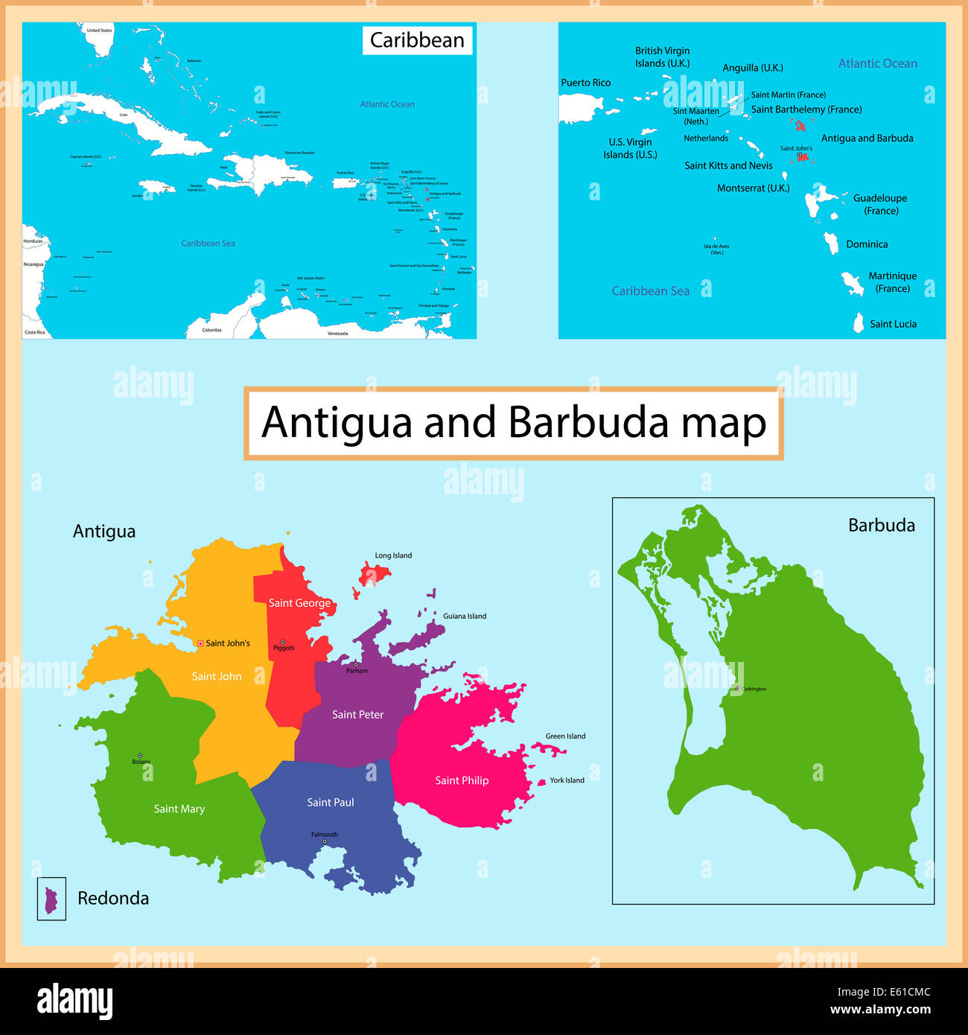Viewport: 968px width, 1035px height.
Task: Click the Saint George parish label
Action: pyautogui.click(x=299, y=603)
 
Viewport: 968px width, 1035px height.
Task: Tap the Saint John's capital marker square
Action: pyautogui.click(x=200, y=643)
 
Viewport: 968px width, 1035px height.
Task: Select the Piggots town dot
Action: pyautogui.click(x=282, y=642)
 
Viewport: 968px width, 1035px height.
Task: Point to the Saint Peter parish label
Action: pyautogui.click(x=357, y=715)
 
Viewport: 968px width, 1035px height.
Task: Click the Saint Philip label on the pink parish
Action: pyautogui.click(x=462, y=780)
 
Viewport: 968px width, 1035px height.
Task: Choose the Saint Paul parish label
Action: pyautogui.click(x=331, y=803)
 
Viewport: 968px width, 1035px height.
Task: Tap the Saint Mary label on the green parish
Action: pyautogui.click(x=179, y=809)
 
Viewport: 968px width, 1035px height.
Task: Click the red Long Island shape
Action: pyautogui.click(x=374, y=574)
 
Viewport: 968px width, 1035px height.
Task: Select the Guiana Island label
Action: pyautogui.click(x=465, y=617)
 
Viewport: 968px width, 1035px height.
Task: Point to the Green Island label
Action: pyautogui.click(x=565, y=736)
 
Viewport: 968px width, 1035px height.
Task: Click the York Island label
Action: pyautogui.click(x=567, y=780)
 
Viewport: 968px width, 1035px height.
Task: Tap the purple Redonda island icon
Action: pyautogui.click(x=51, y=899)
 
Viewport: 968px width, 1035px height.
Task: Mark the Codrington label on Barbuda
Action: pyautogui.click(x=754, y=690)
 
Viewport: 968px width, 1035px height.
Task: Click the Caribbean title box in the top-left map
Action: pyautogui.click(x=417, y=40)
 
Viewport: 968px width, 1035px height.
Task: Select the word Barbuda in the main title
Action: pyautogui.click(x=588, y=423)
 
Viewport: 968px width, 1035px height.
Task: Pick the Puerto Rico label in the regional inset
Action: pyautogui.click(x=585, y=83)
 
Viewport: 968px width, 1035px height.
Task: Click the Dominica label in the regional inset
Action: pyautogui.click(x=867, y=244)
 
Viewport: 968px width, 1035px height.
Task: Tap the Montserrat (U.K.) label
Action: pyautogui.click(x=753, y=188)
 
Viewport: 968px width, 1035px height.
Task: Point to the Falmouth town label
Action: pyautogui.click(x=325, y=835)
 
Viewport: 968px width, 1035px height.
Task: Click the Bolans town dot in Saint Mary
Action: pyautogui.click(x=139, y=755)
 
